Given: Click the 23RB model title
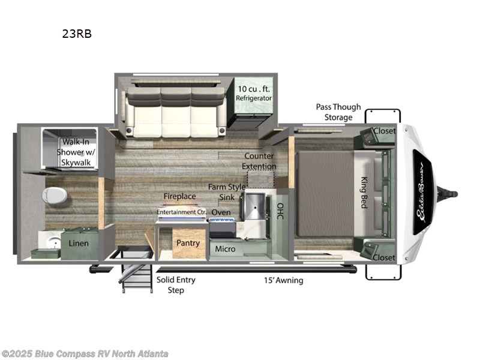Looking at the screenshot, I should tap(77, 34).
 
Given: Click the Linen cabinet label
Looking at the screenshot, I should tap(79, 243).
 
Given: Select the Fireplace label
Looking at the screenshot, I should tap(180, 196).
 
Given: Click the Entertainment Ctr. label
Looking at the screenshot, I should tap(181, 212).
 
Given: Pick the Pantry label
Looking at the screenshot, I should tap(187, 243).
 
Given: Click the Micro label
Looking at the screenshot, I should tap(225, 249).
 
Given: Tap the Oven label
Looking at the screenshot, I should tap(221, 212).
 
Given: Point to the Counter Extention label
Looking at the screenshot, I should tap(260, 161).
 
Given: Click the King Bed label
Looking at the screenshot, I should tap(364, 191).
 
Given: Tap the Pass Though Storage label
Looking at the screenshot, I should tap(338, 112).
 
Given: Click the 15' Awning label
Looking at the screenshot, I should tap(284, 280).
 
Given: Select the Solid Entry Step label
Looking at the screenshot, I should tap(176, 285).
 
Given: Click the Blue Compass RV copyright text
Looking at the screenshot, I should tap(85, 354).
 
